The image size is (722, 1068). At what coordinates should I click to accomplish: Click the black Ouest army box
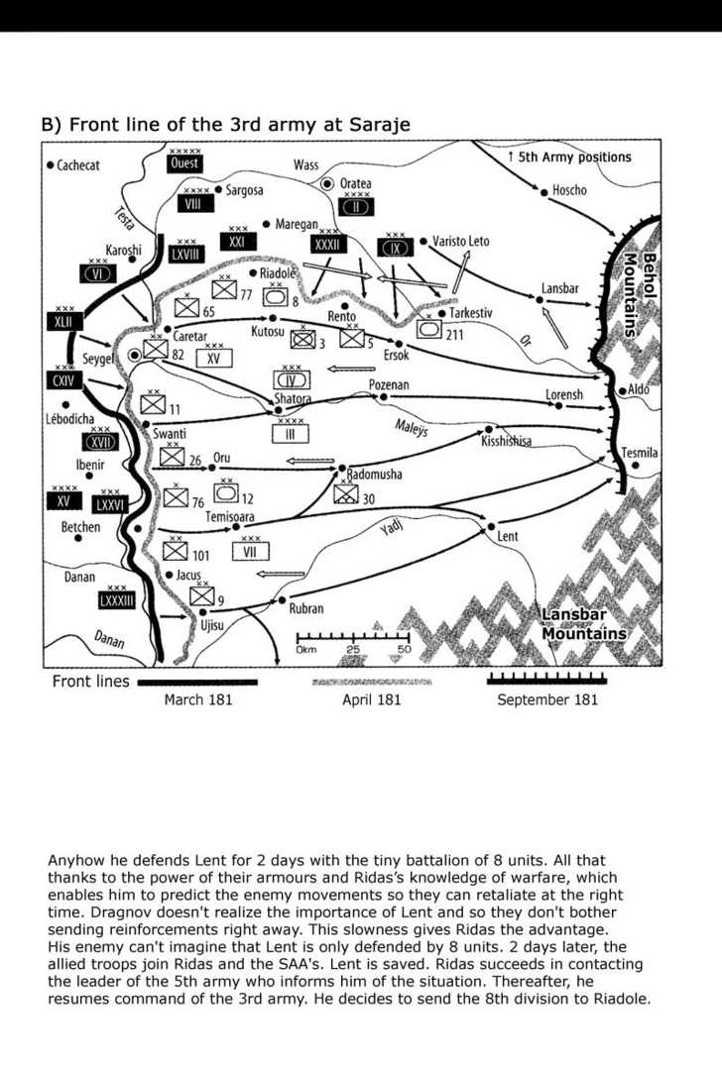pos(184,163)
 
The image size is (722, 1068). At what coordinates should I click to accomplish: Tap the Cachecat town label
pos(78,165)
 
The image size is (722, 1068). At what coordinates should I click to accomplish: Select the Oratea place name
pos(355,183)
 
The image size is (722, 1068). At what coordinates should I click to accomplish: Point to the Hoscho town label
pos(569,190)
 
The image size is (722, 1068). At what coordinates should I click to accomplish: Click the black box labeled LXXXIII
pos(116,600)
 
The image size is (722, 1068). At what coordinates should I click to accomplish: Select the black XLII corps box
pos(63,321)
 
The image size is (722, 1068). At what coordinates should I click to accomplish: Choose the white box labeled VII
pos(250,551)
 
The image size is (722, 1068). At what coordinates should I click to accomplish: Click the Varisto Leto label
pos(460,241)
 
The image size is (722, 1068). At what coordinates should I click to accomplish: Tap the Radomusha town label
pos(374,475)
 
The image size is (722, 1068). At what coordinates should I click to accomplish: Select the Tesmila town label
pos(640,453)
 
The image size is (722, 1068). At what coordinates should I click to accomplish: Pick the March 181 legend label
pos(198,700)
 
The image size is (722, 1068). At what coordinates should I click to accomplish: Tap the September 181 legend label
pos(547,700)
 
